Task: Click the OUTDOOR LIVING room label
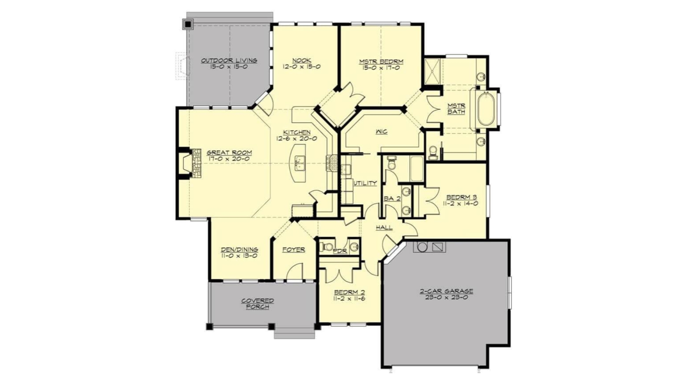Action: (229, 61)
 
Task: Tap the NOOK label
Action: (301, 61)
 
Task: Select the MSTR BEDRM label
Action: (381, 62)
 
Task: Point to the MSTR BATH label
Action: (456, 109)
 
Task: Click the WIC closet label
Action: (381, 132)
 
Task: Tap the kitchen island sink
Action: (300, 163)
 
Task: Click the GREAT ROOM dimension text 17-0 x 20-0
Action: (229, 159)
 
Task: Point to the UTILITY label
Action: (365, 183)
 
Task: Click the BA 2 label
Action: (392, 199)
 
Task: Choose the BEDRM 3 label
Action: (461, 197)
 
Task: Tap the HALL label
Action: (384, 227)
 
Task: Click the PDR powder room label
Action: (340, 251)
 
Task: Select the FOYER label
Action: (294, 250)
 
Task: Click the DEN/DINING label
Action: (239, 250)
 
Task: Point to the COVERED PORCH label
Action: (258, 304)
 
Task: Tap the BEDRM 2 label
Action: (349, 293)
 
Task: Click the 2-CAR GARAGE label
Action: (446, 291)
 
